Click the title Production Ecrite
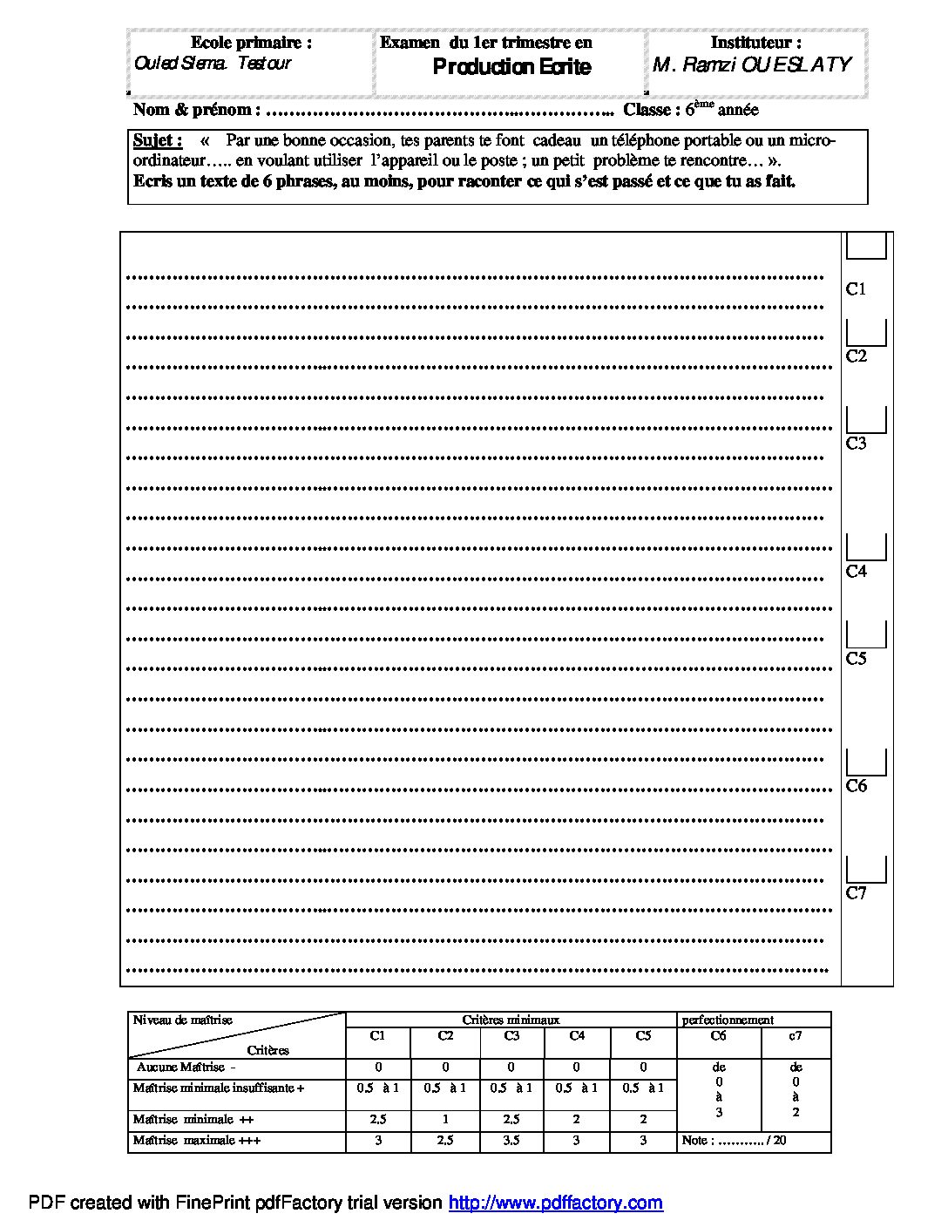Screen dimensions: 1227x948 click(x=511, y=67)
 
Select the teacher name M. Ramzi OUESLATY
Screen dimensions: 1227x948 click(x=751, y=64)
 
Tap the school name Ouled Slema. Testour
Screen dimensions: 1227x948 click(x=213, y=63)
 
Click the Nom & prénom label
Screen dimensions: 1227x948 click(x=196, y=110)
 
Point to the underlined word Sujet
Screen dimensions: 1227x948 click(x=157, y=140)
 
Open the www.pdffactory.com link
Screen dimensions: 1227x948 click(x=555, y=1203)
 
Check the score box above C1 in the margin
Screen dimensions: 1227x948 click(x=866, y=247)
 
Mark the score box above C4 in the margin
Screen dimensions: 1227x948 click(x=866, y=547)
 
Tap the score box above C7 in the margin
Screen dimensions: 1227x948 click(x=866, y=869)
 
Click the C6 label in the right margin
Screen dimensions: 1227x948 click(x=857, y=786)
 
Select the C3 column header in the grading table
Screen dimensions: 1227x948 click(x=511, y=1036)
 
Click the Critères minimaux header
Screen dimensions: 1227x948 click(x=511, y=1020)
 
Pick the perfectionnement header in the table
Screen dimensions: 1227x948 click(x=728, y=1020)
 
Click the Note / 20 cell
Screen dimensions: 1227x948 click(x=734, y=1141)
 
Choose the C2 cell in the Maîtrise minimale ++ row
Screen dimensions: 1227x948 click(x=445, y=1120)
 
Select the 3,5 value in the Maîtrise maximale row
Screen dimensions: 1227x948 click(x=511, y=1141)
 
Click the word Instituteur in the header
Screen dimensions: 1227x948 click(x=755, y=42)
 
